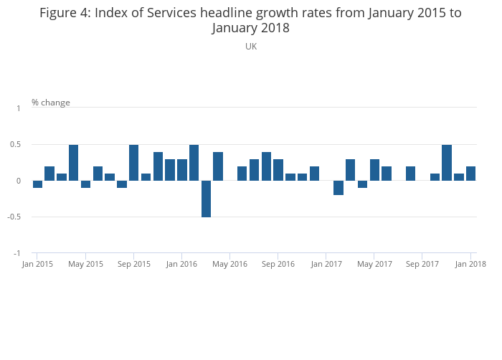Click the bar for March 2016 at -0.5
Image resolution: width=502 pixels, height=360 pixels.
pos(206,199)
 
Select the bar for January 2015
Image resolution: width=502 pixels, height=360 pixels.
pos(37,184)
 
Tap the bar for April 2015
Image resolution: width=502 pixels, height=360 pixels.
pos(73,163)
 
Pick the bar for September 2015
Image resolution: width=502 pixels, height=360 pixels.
pos(133,163)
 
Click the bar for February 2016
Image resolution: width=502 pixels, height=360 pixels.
pos(194,163)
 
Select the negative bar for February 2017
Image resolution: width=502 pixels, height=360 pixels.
pos(338,188)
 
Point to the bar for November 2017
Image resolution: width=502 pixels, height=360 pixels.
pos(447,163)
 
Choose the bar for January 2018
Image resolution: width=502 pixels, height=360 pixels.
pos(470,174)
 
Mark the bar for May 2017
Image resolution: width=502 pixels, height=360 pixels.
pos(374,170)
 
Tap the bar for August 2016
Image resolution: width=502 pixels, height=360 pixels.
pos(266,166)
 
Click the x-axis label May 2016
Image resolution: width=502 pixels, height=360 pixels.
pos(229,265)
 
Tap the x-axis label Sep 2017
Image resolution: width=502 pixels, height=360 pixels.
pos(422,265)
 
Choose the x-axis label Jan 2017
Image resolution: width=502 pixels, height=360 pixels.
pos(326,265)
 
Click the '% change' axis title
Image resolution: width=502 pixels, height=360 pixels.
pos(51,103)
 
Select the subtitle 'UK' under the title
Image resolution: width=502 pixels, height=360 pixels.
pos(251,47)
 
